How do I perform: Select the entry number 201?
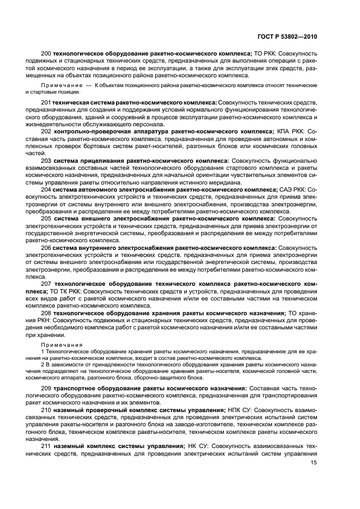pos(46,102)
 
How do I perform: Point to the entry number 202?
pos(46,131)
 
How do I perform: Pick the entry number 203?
pos(46,161)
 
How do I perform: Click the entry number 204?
pos(46,189)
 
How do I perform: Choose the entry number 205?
pos(46,218)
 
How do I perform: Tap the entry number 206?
pos(46,248)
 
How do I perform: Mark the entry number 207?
pos(46,284)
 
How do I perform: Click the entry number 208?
pos(46,314)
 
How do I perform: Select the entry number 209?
pos(46,388)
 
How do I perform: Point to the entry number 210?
pos(46,410)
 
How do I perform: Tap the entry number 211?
pos(46,446)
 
